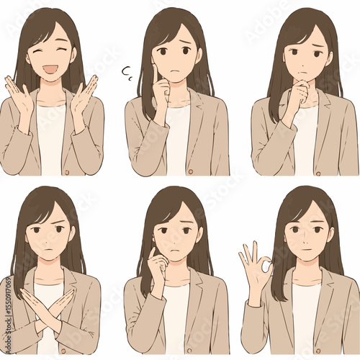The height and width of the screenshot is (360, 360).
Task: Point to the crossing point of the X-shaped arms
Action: pos(48,305)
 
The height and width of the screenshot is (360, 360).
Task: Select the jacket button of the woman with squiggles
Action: pos(191,171)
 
